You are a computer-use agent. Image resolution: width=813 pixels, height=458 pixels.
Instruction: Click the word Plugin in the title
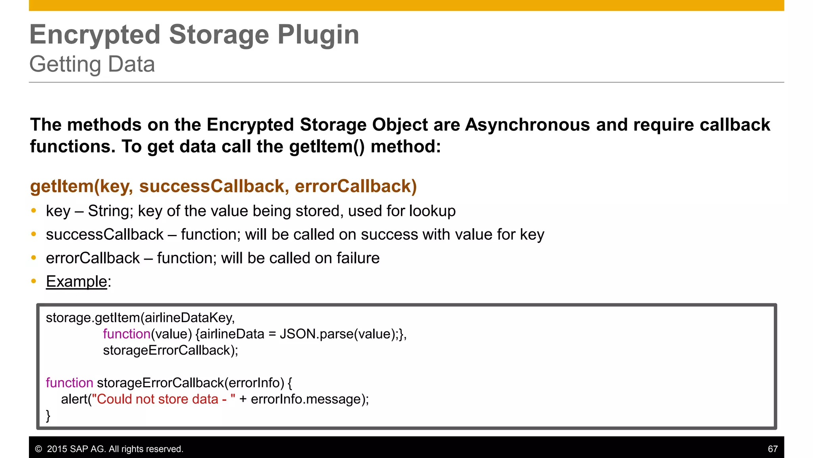coord(318,35)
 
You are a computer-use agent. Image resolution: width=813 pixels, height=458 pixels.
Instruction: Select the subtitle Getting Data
coord(92,64)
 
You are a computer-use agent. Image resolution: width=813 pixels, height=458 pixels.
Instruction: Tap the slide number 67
coord(773,449)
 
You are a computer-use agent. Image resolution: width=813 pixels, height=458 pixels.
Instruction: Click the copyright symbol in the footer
coord(39,449)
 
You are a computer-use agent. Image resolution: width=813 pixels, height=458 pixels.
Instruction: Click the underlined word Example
coord(76,281)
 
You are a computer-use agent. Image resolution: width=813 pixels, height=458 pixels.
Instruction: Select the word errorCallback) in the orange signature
coord(356,186)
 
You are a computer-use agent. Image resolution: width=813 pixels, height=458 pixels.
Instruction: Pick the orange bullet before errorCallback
coord(34,258)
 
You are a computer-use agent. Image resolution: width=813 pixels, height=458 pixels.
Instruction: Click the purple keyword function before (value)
coord(127,334)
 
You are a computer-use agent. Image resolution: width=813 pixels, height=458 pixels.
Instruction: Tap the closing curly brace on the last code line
coord(48,415)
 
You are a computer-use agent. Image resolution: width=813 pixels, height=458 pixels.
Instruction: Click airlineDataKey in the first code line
coord(189,318)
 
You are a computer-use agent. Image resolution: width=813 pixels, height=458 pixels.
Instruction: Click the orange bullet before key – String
coord(34,211)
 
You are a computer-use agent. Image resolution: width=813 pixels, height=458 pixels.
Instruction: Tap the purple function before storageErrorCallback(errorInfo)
coord(69,383)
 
